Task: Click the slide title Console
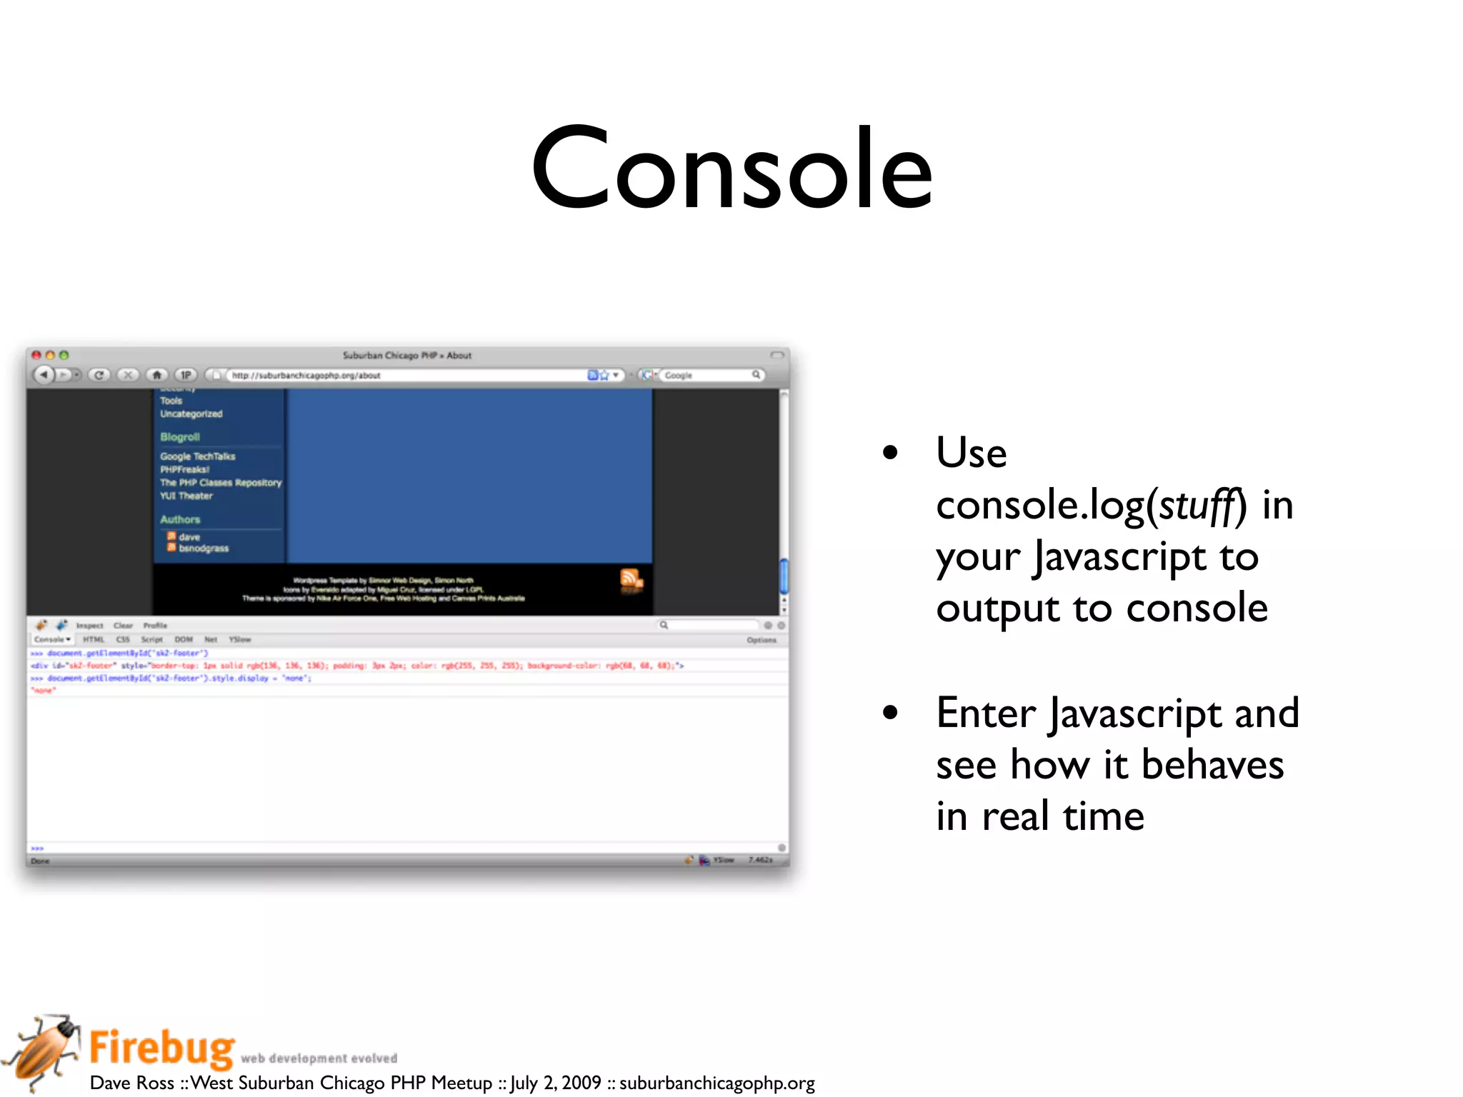pos(731,170)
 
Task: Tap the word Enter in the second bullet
pos(986,713)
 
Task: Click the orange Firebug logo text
pos(162,1048)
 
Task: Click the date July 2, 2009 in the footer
pos(555,1083)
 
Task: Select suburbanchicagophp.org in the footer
pos(716,1083)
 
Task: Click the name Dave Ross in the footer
pos(132,1083)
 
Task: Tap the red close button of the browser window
pos(36,355)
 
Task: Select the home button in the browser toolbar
pos(157,375)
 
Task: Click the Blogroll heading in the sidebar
pos(180,437)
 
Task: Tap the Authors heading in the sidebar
pos(180,519)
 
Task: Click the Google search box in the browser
pos(707,375)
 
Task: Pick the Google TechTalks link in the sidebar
pos(198,456)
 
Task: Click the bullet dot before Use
pos(889,452)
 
